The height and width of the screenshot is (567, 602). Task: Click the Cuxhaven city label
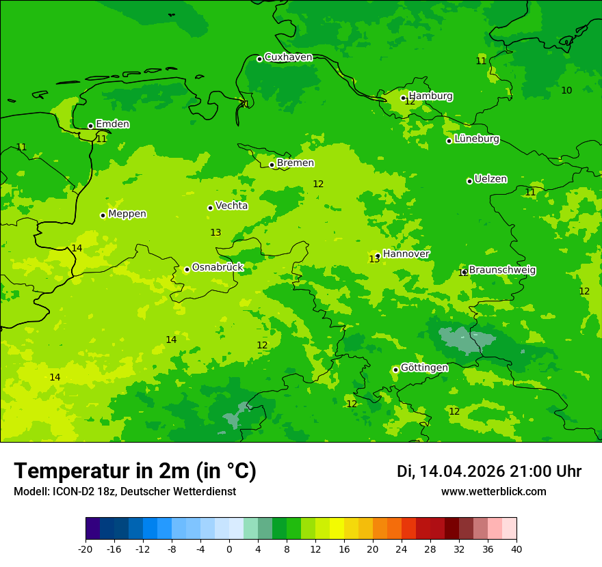click(288, 57)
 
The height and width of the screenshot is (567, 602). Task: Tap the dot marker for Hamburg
click(404, 98)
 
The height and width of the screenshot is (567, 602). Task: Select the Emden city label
click(112, 124)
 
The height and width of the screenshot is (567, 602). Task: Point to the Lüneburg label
click(476, 139)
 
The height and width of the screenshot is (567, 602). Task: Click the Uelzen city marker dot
click(469, 181)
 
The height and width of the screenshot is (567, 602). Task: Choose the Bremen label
click(295, 163)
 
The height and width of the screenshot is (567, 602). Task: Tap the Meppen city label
click(127, 214)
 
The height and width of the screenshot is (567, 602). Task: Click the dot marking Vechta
click(210, 208)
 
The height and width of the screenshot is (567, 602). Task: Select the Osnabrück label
click(218, 268)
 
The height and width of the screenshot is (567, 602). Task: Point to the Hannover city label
click(406, 254)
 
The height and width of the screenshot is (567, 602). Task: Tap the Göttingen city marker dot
click(395, 370)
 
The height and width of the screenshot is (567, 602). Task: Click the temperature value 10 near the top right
click(566, 91)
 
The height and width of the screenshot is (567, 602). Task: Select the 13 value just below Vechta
click(215, 233)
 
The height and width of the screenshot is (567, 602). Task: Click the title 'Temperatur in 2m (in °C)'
click(135, 471)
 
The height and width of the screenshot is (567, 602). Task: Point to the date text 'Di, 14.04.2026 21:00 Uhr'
click(489, 471)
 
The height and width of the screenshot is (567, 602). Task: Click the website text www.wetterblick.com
click(493, 492)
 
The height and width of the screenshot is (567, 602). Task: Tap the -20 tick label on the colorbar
click(86, 549)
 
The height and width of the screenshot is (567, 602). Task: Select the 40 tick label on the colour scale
click(516, 549)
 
